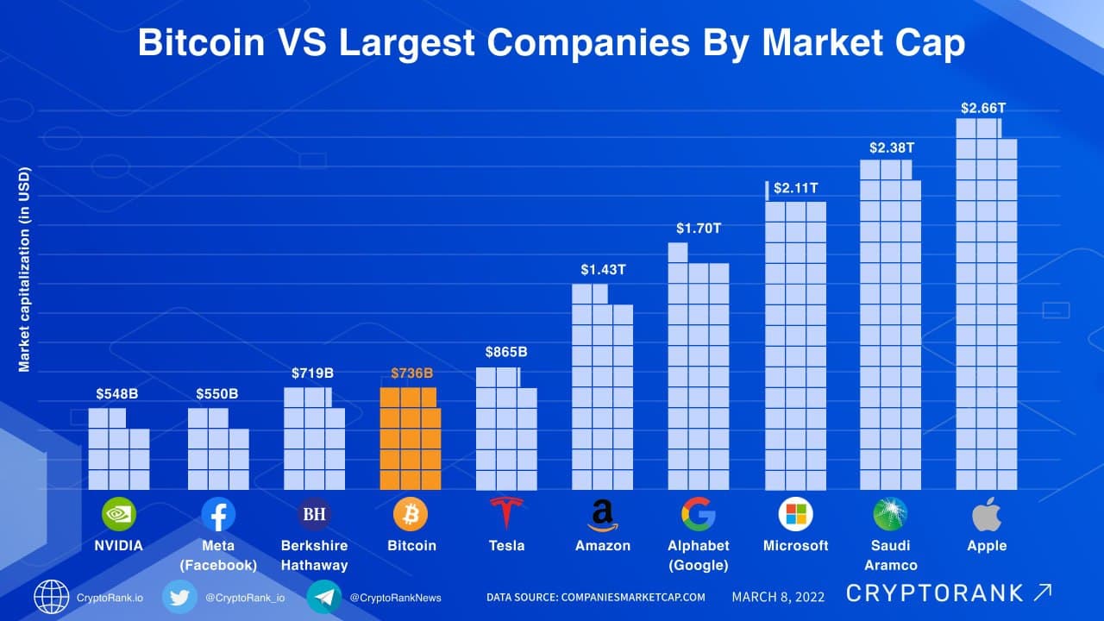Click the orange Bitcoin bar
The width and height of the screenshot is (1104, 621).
(410, 439)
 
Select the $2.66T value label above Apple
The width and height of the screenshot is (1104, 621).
(983, 109)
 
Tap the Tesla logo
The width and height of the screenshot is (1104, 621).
(506, 514)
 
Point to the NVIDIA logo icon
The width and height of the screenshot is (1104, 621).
(119, 514)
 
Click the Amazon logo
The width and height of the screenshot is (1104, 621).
(603, 515)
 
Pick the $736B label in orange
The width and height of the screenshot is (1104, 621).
(411, 373)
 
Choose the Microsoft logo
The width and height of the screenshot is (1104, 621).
(795, 514)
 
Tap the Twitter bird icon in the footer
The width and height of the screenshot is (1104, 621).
(179, 597)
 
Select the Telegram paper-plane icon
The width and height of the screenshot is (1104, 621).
(323, 597)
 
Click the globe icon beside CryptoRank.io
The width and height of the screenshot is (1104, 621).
(52, 597)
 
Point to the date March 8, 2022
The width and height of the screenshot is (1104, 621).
(778, 596)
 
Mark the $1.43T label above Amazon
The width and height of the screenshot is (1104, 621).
(603, 270)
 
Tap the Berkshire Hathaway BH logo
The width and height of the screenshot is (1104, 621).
(314, 514)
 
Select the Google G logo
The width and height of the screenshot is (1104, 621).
(698, 514)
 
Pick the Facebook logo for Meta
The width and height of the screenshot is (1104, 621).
(218, 514)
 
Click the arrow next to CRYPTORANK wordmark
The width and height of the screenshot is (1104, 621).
(1042, 593)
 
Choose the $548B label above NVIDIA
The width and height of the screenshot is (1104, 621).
(117, 394)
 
